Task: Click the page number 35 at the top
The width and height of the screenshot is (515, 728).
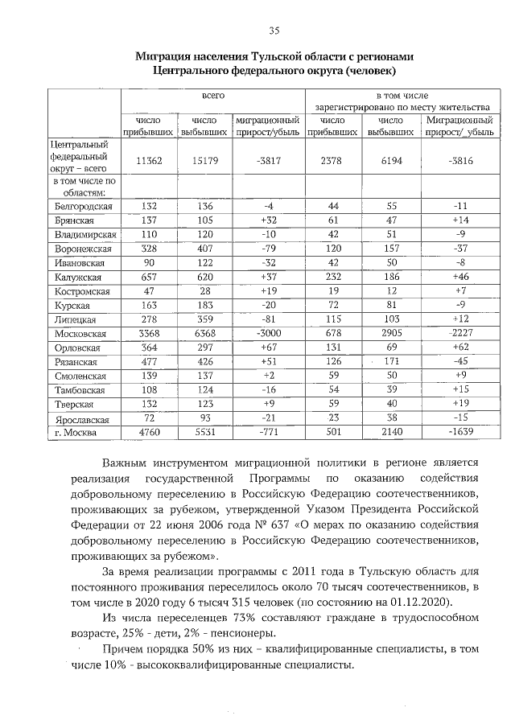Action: tap(274, 31)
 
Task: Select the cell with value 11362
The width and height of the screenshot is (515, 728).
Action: tap(149, 161)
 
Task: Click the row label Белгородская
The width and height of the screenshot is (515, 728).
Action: tap(80, 206)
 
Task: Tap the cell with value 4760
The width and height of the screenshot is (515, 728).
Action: tap(149, 433)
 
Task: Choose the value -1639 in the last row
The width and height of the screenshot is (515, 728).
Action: tap(460, 433)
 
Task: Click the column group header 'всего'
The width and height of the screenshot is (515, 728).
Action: tap(212, 95)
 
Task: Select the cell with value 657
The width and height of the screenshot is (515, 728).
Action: tap(149, 277)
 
